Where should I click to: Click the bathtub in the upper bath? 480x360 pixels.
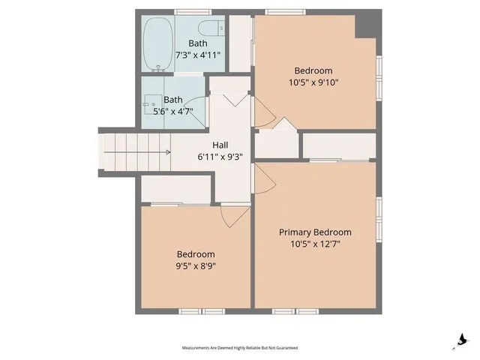click(157, 44)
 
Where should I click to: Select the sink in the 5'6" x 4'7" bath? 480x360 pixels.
click(151, 101)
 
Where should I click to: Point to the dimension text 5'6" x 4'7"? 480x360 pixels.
click(173, 112)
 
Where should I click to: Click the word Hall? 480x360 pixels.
click(220, 145)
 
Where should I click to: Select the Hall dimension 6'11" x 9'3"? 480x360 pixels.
click(220, 157)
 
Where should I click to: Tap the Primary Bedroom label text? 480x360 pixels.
click(315, 232)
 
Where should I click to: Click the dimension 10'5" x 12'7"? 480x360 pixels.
click(315, 244)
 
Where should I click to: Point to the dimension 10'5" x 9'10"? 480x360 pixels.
click(313, 82)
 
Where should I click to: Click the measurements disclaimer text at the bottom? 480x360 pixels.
click(240, 348)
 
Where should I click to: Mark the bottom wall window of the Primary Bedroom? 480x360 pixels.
click(296, 310)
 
